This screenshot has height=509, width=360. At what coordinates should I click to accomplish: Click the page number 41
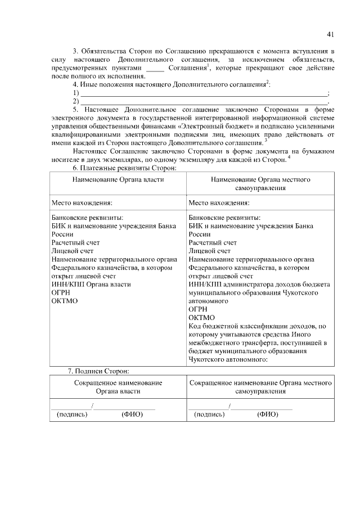[330, 33]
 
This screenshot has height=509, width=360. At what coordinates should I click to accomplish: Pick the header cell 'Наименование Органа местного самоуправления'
[260, 183]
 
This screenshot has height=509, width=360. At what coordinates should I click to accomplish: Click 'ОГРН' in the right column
[198, 309]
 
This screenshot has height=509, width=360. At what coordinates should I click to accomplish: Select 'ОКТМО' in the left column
[64, 301]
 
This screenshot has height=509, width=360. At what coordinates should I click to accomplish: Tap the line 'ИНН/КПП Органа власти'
[91, 284]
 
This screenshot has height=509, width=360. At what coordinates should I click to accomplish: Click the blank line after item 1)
[202, 93]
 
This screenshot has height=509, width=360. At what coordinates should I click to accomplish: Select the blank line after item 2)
[202, 102]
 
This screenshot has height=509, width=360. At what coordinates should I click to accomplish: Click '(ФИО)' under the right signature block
[268, 415]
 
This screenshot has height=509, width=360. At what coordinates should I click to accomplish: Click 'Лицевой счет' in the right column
[210, 251]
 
